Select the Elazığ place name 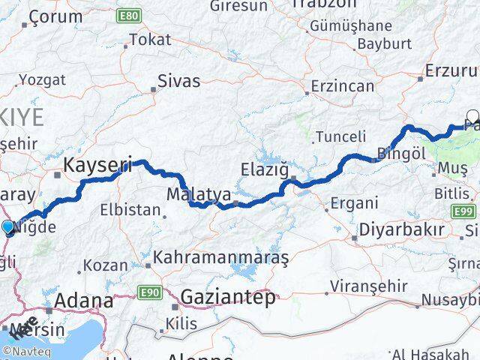[x=264, y=169]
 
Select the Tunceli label [x=340, y=136]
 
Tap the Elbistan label [x=134, y=210]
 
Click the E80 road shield [x=129, y=14]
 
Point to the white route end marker [x=473, y=116]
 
